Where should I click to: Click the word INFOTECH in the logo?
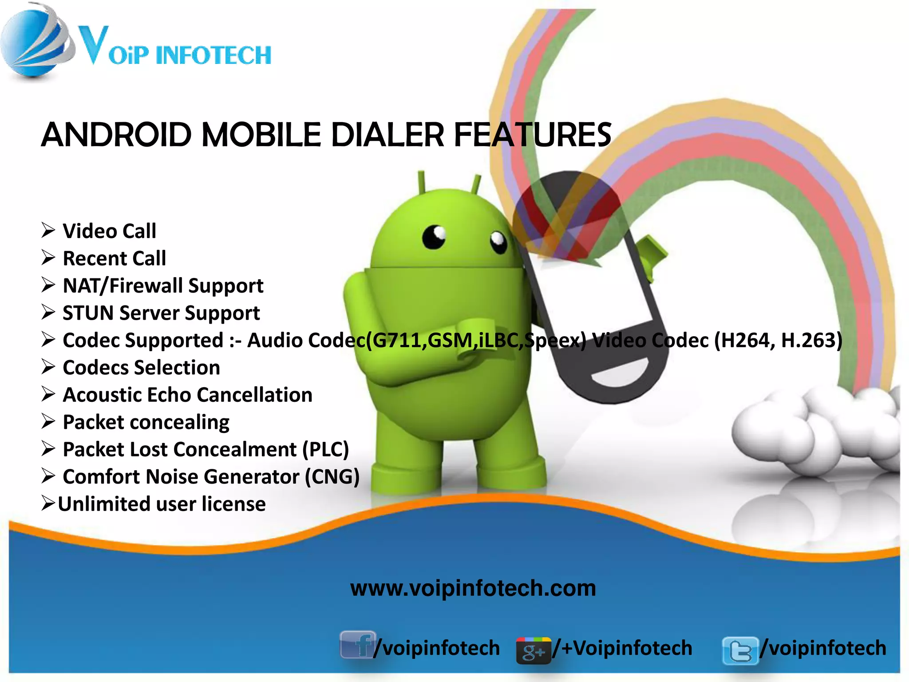pyautogui.click(x=213, y=56)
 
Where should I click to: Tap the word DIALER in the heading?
pyautogui.click(x=387, y=135)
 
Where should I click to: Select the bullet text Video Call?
pyautogui.click(x=109, y=231)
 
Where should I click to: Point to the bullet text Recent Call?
pyautogui.click(x=114, y=258)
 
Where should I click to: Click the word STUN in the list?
pyautogui.click(x=88, y=313)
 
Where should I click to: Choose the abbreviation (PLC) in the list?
pyautogui.click(x=325, y=449)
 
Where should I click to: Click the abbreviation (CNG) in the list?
pyautogui.click(x=332, y=477)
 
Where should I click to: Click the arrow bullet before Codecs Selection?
pyautogui.click(x=48, y=367)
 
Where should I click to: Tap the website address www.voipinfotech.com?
pyautogui.click(x=473, y=588)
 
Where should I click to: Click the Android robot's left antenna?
pyautogui.click(x=421, y=182)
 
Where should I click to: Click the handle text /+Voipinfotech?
pyautogui.click(x=622, y=648)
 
